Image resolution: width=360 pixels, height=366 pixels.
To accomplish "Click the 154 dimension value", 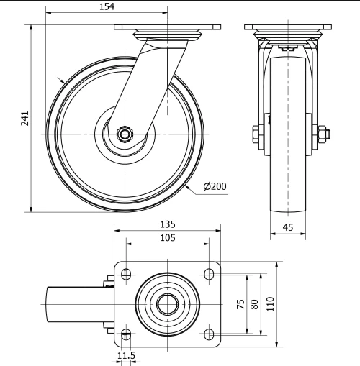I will (x=107, y=6).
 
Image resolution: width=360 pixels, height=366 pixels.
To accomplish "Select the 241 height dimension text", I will (x=24, y=119).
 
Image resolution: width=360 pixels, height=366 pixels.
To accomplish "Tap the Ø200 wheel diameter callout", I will (x=215, y=187).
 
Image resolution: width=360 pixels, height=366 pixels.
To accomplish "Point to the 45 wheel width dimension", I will (x=287, y=229).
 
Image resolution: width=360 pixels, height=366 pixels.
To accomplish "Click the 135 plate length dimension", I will (x=167, y=224).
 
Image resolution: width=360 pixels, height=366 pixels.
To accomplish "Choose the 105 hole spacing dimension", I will (x=167, y=238).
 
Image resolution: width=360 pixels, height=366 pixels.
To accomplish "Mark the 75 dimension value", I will (x=240, y=304).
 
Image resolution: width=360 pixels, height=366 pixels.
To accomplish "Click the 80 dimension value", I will (x=253, y=304).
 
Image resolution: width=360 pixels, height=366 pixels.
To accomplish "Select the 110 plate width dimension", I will (x=270, y=304).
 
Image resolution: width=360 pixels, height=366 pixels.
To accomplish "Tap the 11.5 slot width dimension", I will (x=126, y=356).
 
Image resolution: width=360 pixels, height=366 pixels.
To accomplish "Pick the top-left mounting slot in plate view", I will (x=127, y=274).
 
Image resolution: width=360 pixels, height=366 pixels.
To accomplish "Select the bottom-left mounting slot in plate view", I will (x=127, y=334).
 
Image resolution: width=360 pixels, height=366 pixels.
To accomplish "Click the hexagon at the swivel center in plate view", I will (x=168, y=304).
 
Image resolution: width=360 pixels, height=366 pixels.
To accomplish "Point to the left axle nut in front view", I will (x=257, y=133).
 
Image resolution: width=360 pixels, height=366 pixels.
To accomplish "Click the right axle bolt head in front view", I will (x=322, y=133).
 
